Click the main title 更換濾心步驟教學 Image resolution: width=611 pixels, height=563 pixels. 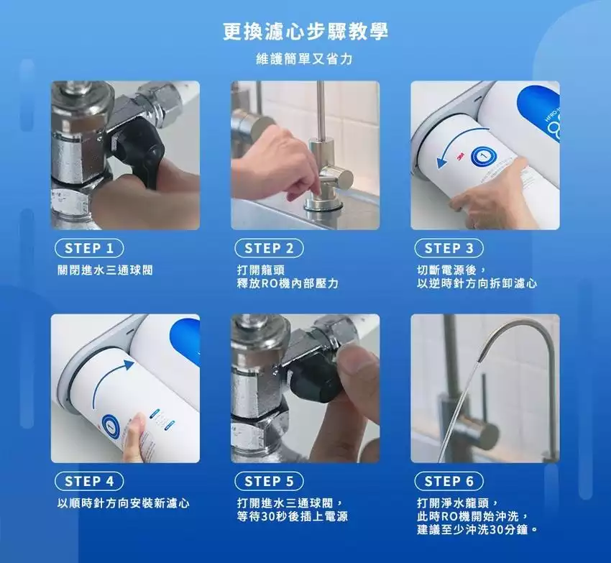coord(305,31)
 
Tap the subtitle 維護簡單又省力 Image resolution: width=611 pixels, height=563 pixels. coord(304,59)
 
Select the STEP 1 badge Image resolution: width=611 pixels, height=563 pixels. coord(89,248)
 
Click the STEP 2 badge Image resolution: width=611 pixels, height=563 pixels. coord(269,248)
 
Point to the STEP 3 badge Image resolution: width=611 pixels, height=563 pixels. coord(449,248)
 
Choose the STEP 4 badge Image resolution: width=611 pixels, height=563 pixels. coord(89,482)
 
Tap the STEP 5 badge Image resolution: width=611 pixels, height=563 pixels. coord(269,482)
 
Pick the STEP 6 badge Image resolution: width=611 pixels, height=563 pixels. coord(449,482)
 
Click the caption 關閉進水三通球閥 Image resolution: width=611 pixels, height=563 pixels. coord(105,270)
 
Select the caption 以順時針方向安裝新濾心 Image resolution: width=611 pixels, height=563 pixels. coord(124,503)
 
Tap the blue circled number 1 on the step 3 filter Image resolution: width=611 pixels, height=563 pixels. coord(484,157)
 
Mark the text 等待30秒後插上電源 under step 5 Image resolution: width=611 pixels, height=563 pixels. coord(293,516)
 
